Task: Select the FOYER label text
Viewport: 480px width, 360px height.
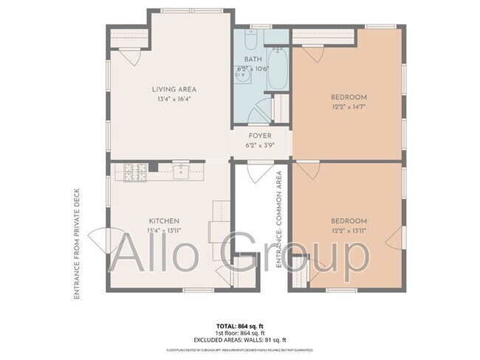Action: tap(259, 136)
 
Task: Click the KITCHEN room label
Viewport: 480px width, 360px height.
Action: tap(164, 221)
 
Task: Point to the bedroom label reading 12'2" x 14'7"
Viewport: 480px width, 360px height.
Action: tap(349, 106)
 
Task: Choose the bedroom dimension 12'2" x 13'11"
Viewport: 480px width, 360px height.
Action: tap(349, 230)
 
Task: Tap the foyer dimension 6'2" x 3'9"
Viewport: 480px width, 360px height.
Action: tap(259, 145)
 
